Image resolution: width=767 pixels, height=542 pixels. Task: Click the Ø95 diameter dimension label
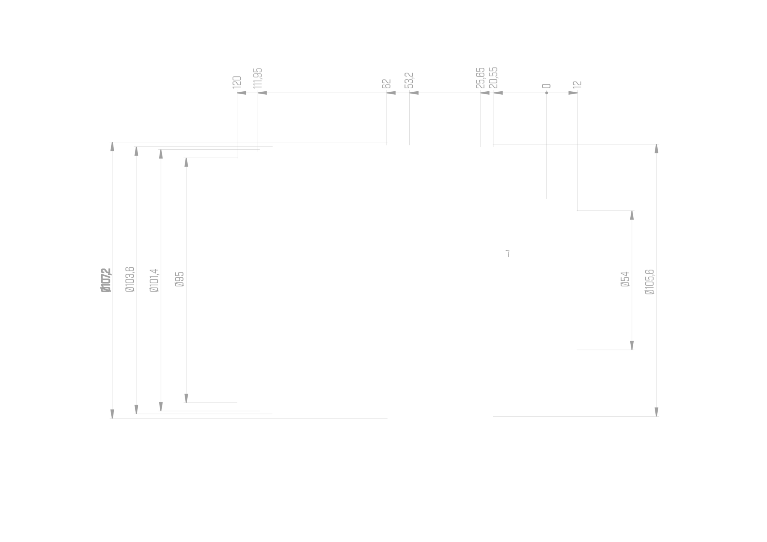point(179,279)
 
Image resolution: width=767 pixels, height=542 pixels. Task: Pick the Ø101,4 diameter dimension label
point(154,280)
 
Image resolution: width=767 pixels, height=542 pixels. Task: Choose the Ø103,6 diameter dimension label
point(129,279)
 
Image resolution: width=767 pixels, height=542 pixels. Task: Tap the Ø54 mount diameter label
point(625,279)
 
